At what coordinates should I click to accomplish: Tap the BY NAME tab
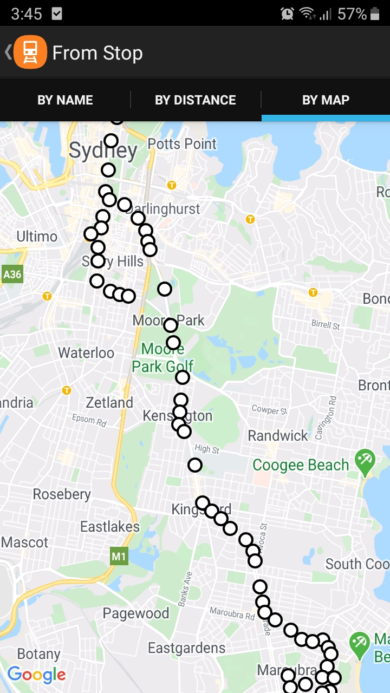coord(65,100)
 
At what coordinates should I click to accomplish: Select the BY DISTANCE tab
coord(196,100)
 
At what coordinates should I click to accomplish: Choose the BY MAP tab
coord(326,100)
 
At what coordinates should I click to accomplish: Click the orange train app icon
coord(30,53)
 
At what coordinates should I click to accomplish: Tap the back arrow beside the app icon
coord(8,53)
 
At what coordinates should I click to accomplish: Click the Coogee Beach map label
coord(301,465)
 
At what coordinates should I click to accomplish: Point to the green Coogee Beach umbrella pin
coord(365,461)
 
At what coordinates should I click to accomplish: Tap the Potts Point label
coord(182,144)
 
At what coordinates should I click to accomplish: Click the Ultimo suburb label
coord(37,237)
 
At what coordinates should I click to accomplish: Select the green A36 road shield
coord(12,274)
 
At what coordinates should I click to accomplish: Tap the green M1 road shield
coord(119,556)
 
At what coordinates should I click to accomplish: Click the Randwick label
coord(278,435)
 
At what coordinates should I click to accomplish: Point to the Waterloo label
coord(86,353)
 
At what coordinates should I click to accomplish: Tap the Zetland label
coord(109,403)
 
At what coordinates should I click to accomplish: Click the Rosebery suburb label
coord(62,494)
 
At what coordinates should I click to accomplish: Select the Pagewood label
coord(136,613)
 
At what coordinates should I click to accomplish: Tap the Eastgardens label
coord(187,648)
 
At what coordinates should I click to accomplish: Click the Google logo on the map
coord(37,675)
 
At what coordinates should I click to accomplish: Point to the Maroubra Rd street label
coord(232,614)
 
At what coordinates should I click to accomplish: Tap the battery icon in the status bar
coord(375,14)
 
